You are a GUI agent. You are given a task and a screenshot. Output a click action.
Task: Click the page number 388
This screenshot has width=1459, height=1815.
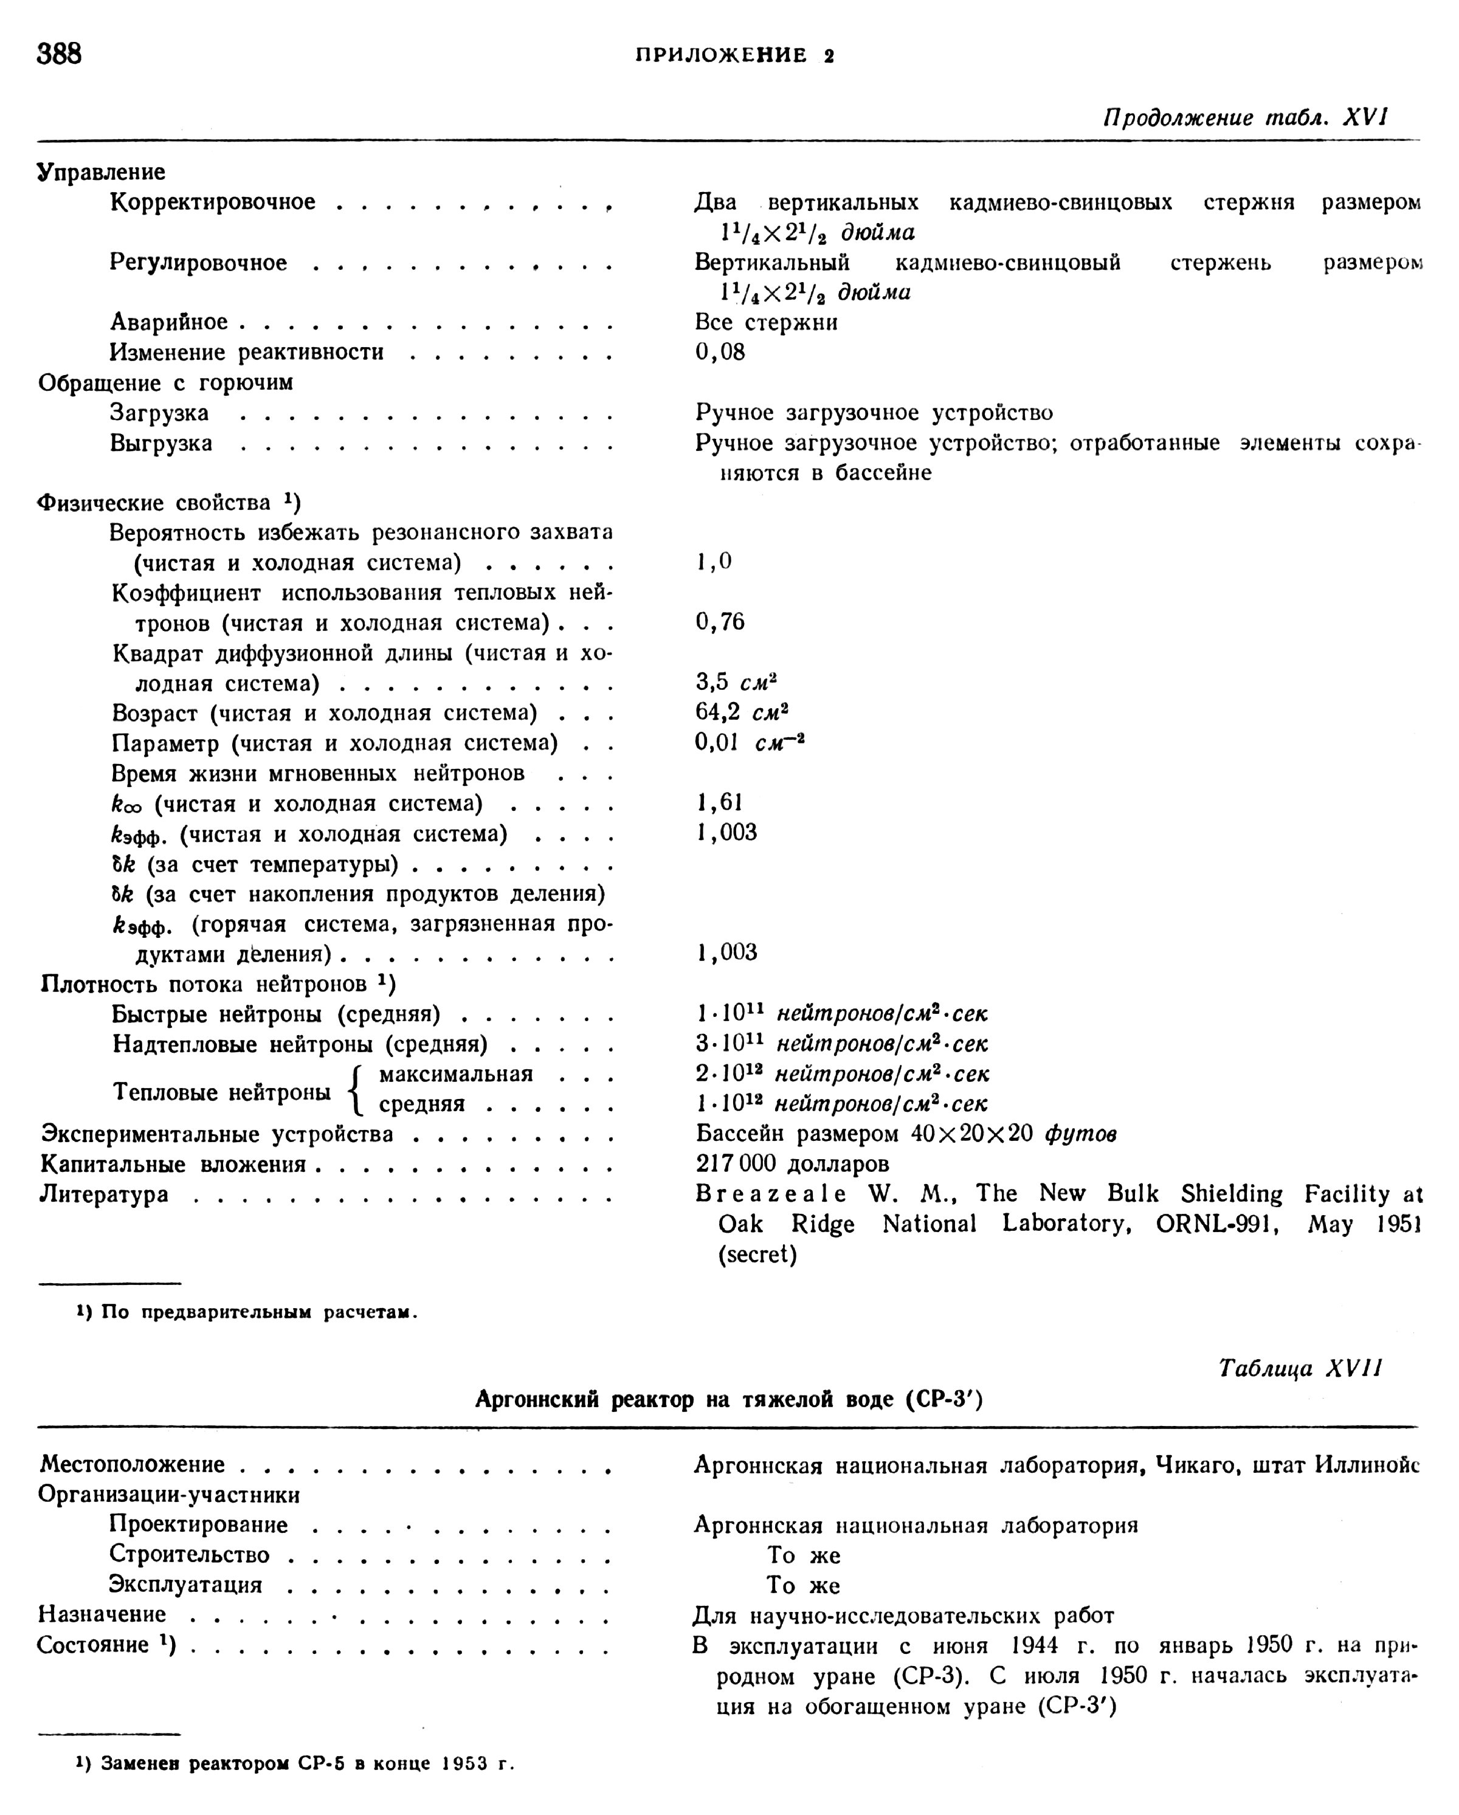pos(59,54)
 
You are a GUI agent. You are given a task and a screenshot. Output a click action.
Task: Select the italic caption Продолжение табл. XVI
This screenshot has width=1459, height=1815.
pos(1245,117)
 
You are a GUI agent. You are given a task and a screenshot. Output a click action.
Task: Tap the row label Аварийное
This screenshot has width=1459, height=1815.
pos(168,322)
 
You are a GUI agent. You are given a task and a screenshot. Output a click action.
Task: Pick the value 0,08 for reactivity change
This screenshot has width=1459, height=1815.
pos(720,352)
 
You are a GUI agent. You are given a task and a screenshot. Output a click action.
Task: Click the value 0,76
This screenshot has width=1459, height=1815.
pos(720,622)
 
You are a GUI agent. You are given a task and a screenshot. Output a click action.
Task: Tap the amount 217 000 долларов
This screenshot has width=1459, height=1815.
pos(792,1163)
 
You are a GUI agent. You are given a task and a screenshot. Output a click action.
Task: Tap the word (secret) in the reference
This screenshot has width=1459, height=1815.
pos(757,1255)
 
